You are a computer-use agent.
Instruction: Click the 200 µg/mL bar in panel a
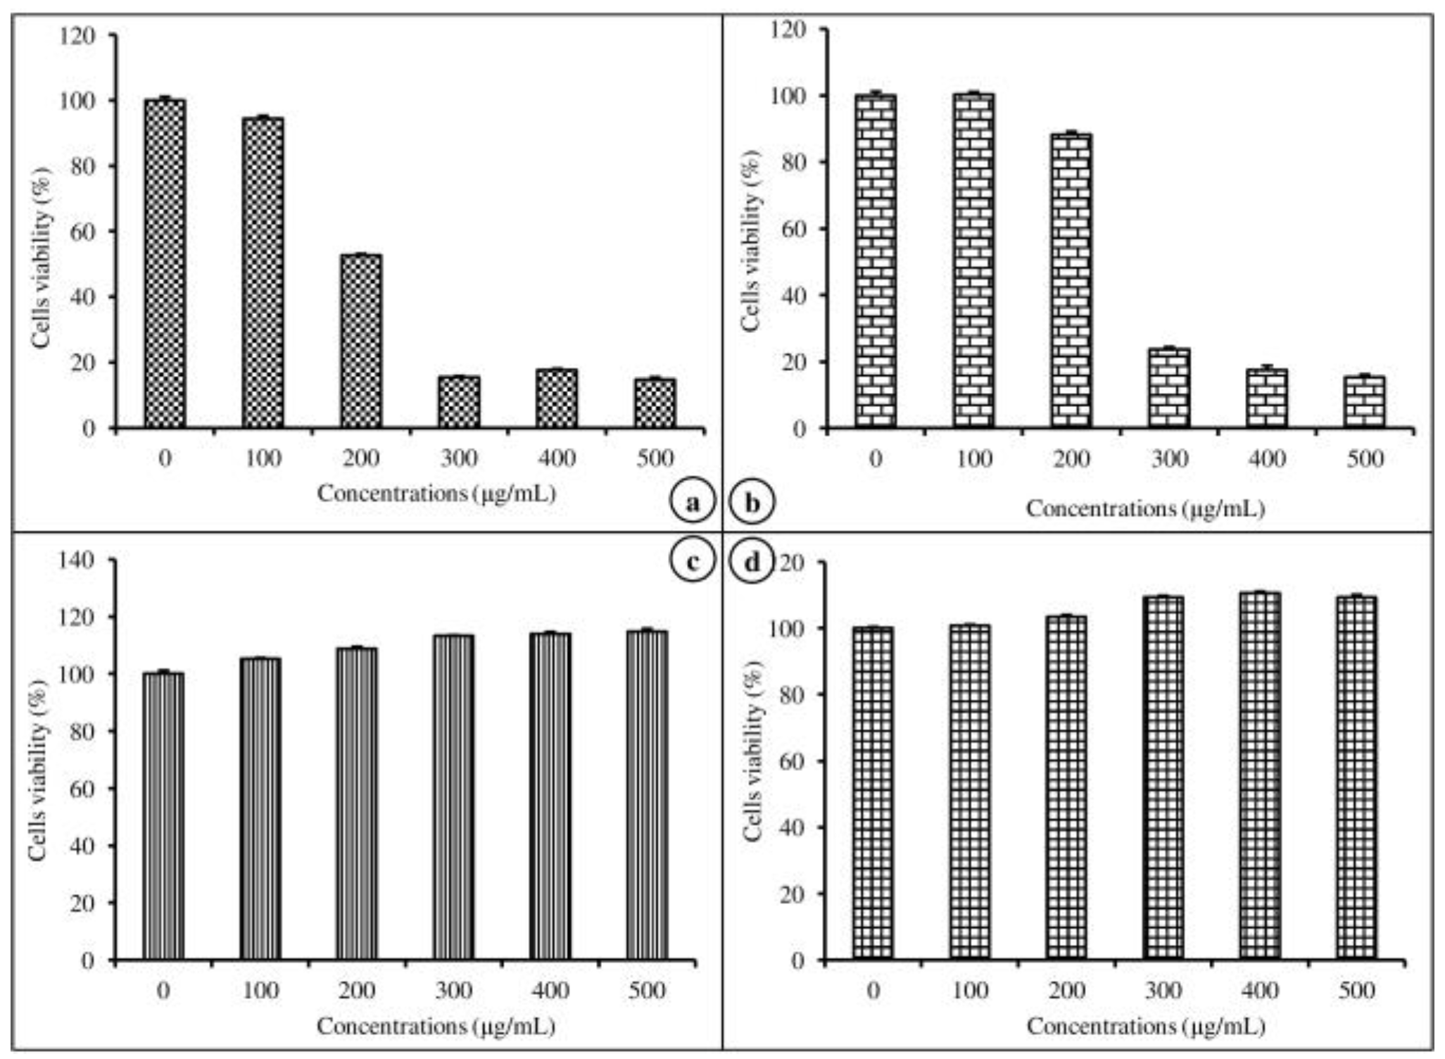tap(361, 341)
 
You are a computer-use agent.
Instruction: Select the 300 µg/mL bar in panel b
tap(1169, 388)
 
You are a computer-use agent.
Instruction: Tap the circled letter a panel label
tap(693, 503)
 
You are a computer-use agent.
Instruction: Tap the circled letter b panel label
tap(752, 503)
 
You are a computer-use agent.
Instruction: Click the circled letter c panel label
tap(693, 561)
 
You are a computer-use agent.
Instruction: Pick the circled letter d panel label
tap(752, 561)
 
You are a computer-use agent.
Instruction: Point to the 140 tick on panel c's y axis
tap(78, 560)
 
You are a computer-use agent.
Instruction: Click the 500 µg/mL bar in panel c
tap(647, 795)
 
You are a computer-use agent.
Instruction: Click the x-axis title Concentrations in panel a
tap(436, 494)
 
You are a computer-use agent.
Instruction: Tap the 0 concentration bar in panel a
tap(165, 264)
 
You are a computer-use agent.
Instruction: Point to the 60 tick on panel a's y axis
tap(83, 232)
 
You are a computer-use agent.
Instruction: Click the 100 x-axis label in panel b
tap(973, 459)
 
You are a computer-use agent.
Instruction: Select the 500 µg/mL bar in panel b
tap(1365, 402)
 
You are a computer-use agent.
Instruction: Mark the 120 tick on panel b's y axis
tap(788, 30)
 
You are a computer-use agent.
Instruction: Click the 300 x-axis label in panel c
tap(453, 991)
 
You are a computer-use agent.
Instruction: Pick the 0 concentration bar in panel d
tap(873, 794)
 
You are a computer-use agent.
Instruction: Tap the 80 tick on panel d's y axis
tap(794, 694)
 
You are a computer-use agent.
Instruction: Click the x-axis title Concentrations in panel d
tap(1145, 1027)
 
